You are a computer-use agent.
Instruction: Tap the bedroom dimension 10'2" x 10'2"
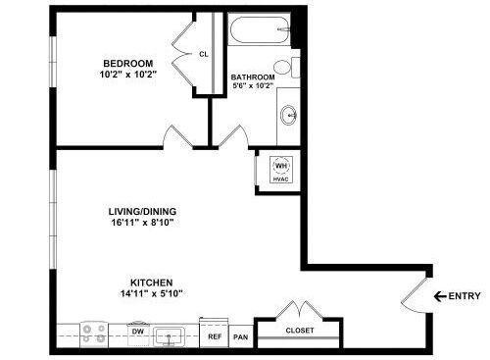coord(122,74)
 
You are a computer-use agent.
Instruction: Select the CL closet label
coord(203,55)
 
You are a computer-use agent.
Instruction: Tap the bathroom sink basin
coord(290,115)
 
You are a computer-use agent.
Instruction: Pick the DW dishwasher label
coord(138,332)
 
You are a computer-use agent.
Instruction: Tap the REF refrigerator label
coord(216,336)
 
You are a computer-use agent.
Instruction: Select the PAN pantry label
coord(240,336)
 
